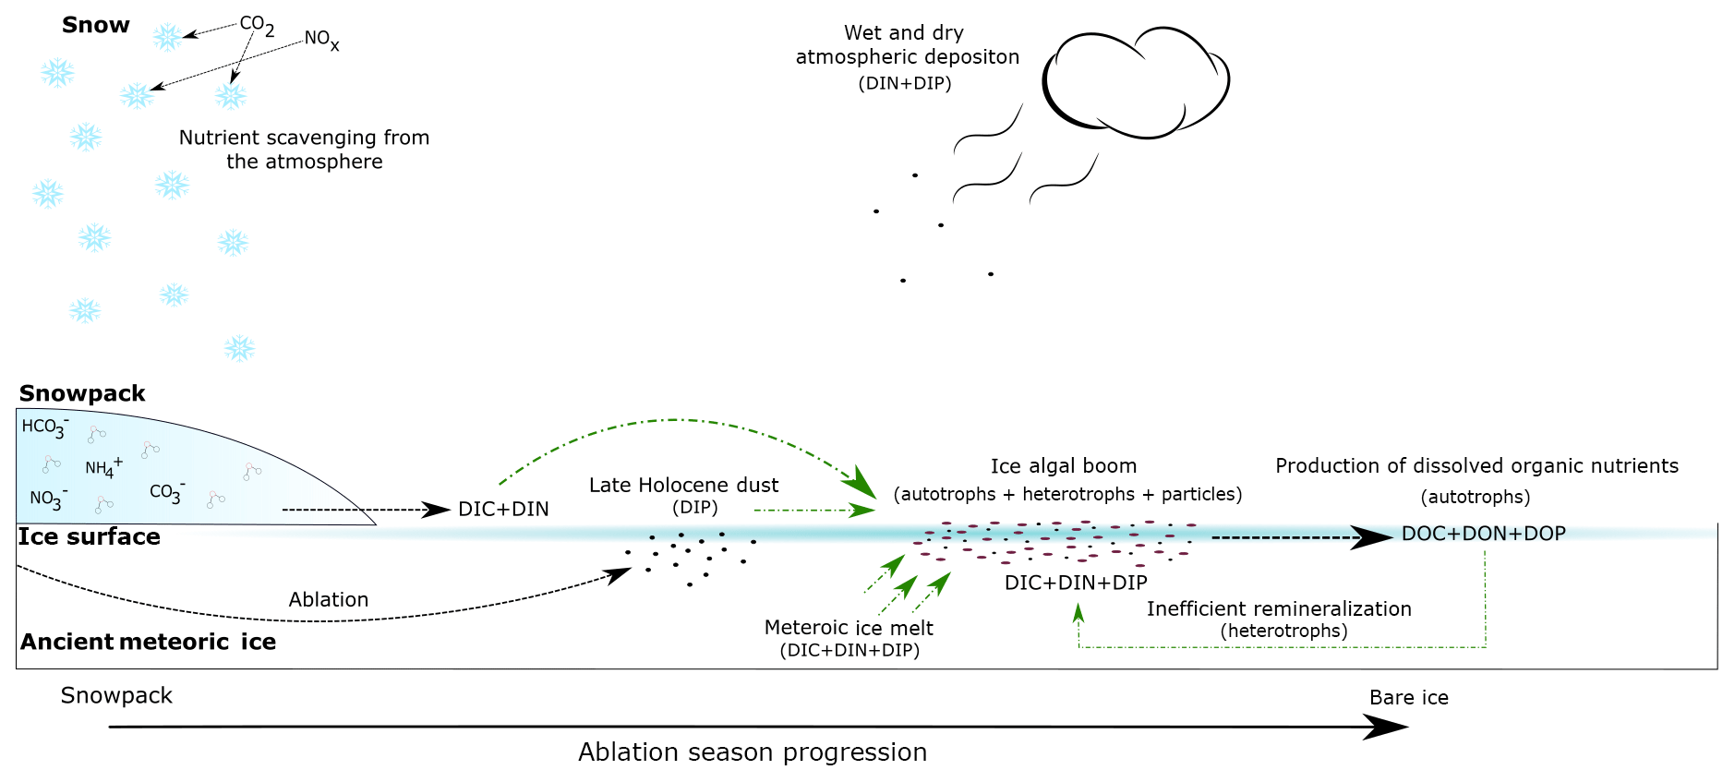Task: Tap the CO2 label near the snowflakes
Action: pos(256,25)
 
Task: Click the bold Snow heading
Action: pos(95,26)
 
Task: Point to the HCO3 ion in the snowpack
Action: pos(44,427)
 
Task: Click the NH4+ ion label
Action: pos(102,467)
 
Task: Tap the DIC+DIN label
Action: pos(503,509)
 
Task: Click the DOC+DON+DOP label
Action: pos(1483,534)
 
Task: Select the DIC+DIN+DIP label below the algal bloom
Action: pos(1076,583)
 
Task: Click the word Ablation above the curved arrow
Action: pos(328,599)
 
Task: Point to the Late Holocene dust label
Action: pos(683,485)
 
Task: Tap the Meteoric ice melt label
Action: pos(849,628)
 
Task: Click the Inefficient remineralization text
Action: pos(1279,609)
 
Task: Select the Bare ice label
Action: pos(1408,698)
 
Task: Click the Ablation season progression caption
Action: pos(753,752)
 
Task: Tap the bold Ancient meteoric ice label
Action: pos(148,642)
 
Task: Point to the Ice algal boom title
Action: pos(1064,466)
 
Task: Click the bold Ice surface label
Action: pos(90,537)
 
